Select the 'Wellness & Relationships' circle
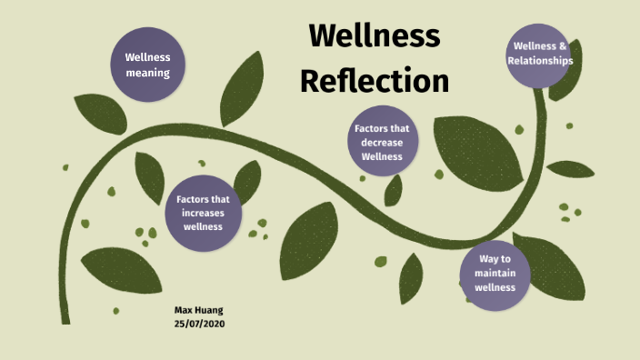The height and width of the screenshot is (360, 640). click(543, 54)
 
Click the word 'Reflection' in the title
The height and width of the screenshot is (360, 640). click(375, 80)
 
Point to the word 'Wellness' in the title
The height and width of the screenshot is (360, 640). click(375, 36)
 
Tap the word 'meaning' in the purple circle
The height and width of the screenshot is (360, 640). click(147, 73)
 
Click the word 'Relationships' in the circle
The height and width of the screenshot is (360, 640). click(543, 61)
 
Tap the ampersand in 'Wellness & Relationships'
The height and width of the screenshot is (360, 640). click(563, 45)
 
